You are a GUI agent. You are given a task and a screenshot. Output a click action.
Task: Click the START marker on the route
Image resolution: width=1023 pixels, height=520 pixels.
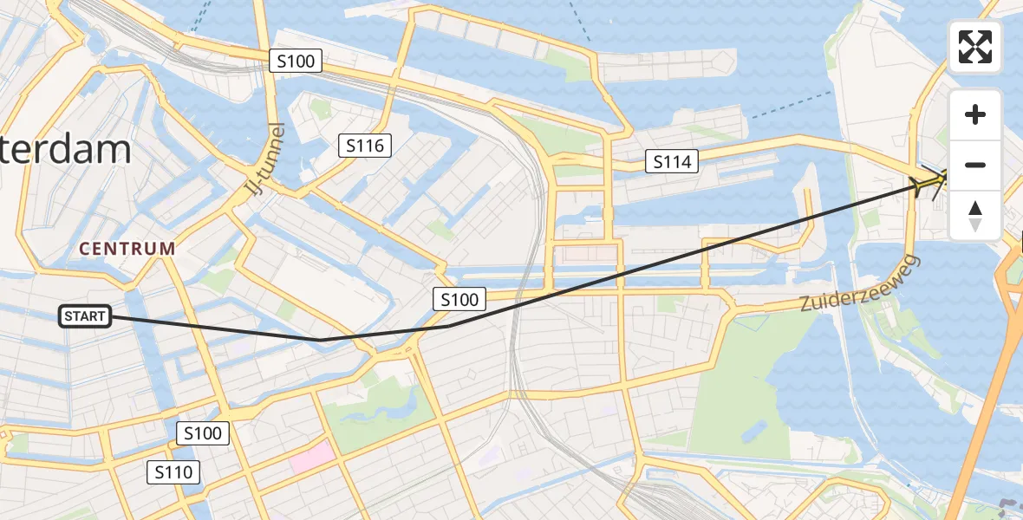click(85, 316)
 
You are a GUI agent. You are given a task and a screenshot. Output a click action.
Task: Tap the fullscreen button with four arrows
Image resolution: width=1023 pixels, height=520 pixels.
click(975, 47)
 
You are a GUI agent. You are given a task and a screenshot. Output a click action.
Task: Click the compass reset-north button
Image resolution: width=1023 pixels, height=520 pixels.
click(975, 216)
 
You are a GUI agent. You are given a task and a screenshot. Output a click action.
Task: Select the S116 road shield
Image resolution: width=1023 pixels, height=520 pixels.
click(365, 146)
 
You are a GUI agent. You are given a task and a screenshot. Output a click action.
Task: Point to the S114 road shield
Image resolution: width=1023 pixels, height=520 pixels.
click(671, 160)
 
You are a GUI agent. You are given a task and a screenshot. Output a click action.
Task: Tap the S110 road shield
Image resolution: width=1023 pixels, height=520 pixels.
click(173, 472)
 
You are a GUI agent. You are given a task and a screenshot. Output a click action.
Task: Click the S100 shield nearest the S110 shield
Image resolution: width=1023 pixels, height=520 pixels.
click(204, 433)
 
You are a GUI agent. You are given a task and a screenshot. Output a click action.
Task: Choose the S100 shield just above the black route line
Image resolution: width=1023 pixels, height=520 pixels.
click(459, 300)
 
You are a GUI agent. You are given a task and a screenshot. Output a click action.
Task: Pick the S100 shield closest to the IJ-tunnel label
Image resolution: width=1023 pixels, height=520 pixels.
click(296, 61)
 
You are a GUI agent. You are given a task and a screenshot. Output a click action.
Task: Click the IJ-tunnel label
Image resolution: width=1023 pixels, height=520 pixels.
click(265, 159)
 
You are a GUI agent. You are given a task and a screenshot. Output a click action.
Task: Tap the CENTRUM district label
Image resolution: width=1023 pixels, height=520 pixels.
click(127, 249)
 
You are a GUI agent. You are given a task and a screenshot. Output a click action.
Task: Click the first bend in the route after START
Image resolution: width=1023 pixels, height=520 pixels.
click(321, 340)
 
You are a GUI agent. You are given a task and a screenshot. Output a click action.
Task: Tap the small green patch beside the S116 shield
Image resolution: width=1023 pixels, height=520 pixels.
click(321, 110)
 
